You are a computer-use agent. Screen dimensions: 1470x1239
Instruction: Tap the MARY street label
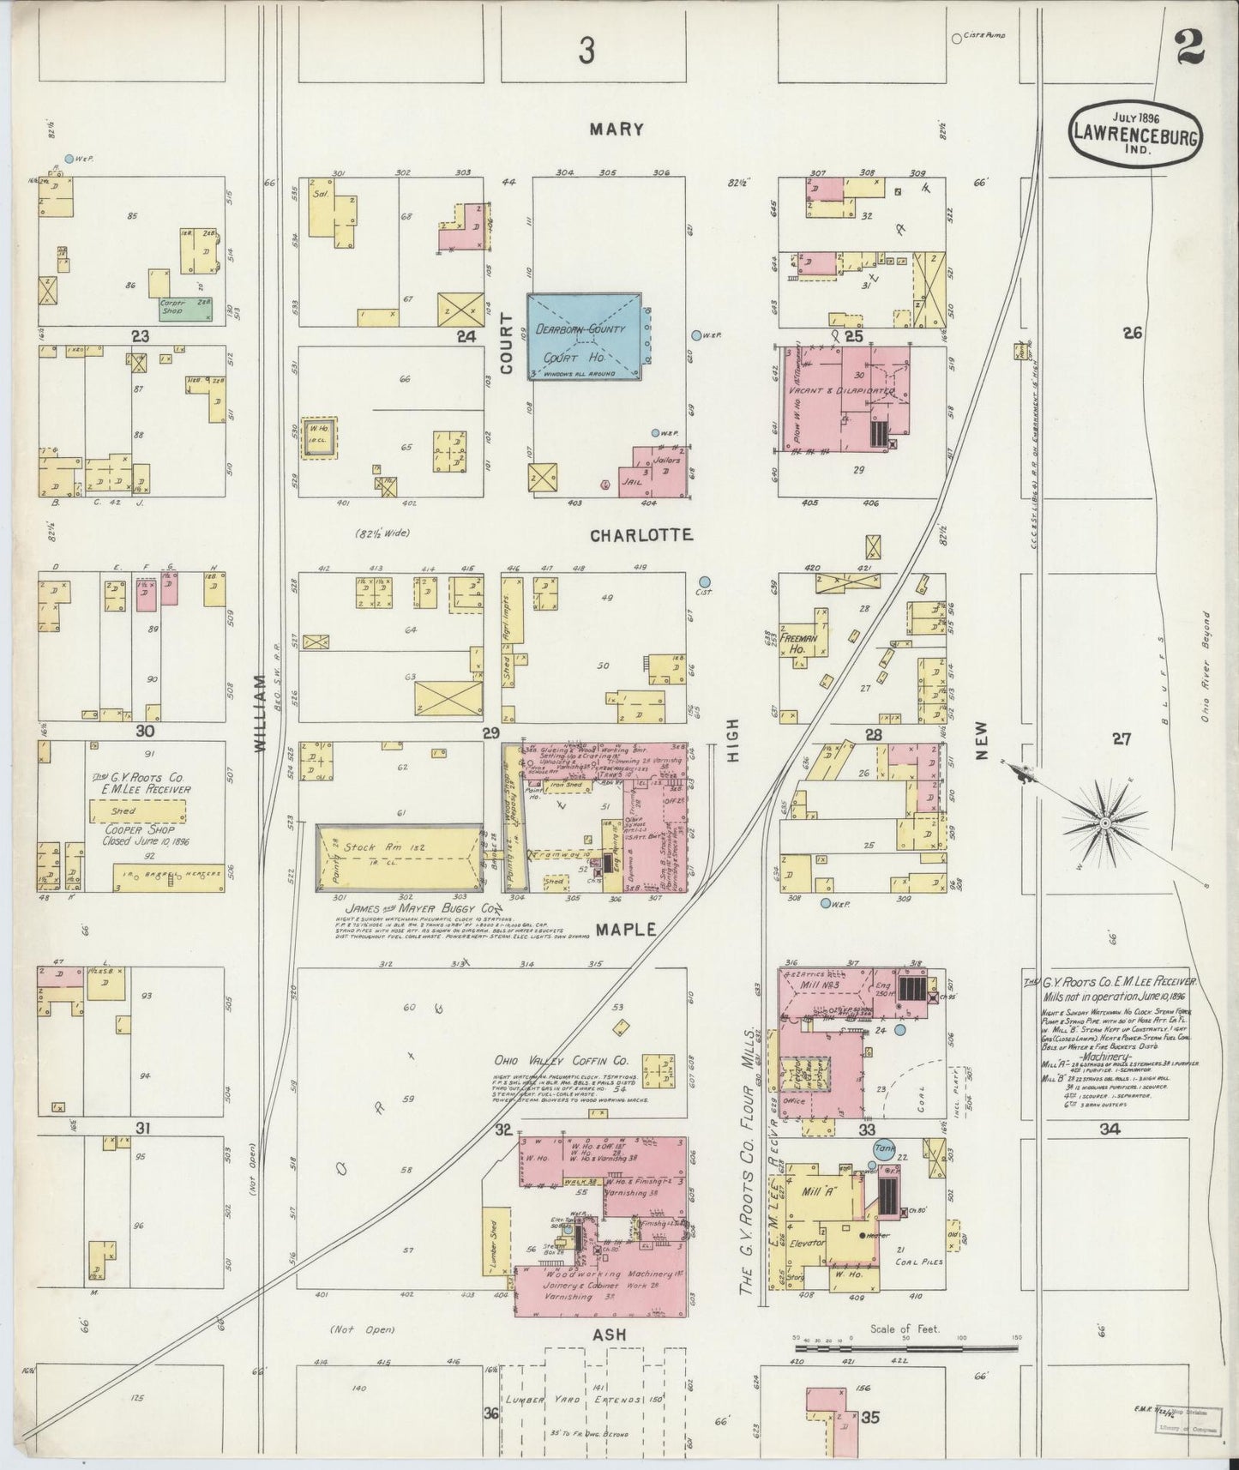616,130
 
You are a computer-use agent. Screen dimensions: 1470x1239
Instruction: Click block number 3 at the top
586,52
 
